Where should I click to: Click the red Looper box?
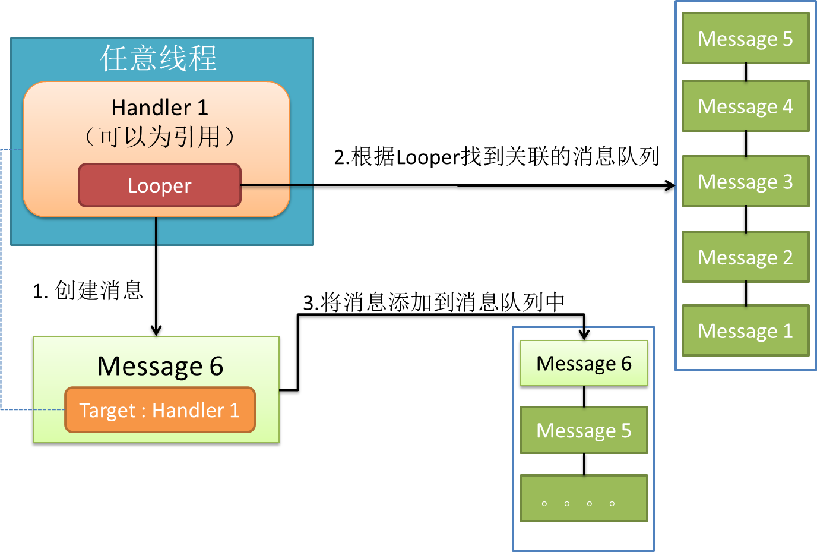coord(160,185)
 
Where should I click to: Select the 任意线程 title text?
coord(159,58)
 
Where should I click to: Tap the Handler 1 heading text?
coord(160,108)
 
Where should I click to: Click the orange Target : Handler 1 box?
coord(160,410)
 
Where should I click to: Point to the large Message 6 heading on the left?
coord(160,366)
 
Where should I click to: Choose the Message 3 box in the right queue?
coord(745,181)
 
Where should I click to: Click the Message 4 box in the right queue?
coord(745,106)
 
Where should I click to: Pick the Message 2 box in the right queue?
coord(745,257)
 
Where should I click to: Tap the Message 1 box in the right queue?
coord(745,330)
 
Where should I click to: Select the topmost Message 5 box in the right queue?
coord(745,39)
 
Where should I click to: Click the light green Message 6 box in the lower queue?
coord(584,363)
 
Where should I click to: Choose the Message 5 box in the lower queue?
coord(584,430)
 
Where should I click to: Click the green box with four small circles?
coord(584,499)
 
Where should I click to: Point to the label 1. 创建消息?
coord(87,291)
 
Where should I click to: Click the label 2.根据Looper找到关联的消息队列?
coord(496,157)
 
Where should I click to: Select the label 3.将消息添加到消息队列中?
coord(433,302)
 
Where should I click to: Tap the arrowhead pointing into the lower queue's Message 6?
coord(584,334)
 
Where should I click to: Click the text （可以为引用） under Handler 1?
coord(160,137)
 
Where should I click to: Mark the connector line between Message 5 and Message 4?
coord(746,72)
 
